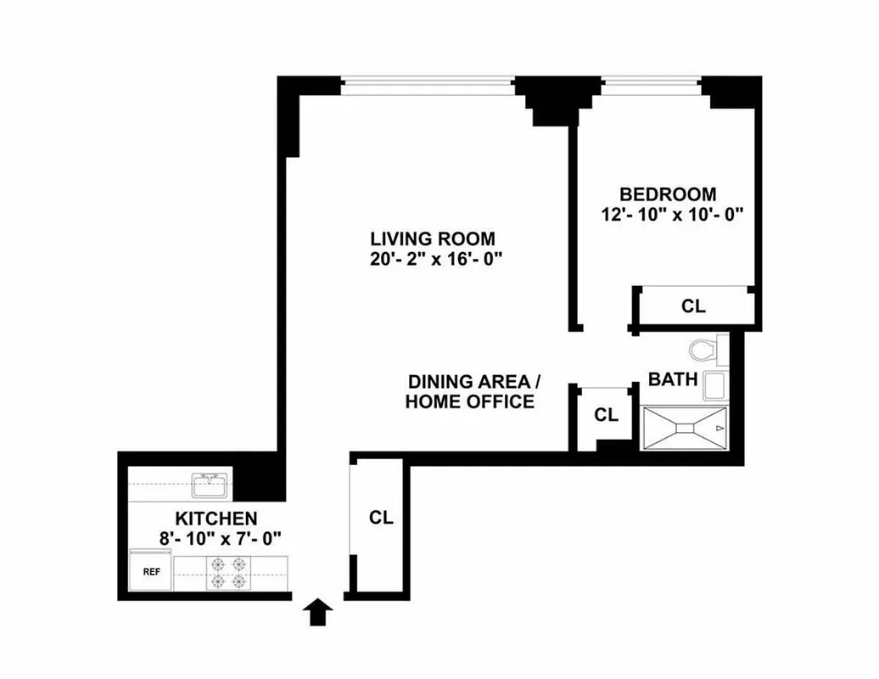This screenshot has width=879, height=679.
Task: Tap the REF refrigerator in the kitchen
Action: (x=151, y=571)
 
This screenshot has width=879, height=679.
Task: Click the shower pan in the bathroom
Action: (x=684, y=429)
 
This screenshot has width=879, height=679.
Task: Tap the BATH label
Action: (x=673, y=379)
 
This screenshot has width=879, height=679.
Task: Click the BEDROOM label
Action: (x=667, y=194)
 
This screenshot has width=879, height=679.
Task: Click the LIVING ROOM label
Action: (x=432, y=238)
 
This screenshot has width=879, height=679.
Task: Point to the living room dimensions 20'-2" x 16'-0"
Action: (x=431, y=259)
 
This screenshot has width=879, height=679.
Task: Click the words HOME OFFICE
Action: (x=469, y=401)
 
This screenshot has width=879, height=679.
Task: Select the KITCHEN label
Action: (x=216, y=518)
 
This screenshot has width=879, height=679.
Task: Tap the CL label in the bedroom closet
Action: (x=693, y=306)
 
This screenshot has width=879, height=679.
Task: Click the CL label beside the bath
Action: (x=606, y=415)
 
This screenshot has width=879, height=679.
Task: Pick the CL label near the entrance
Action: (x=382, y=518)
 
